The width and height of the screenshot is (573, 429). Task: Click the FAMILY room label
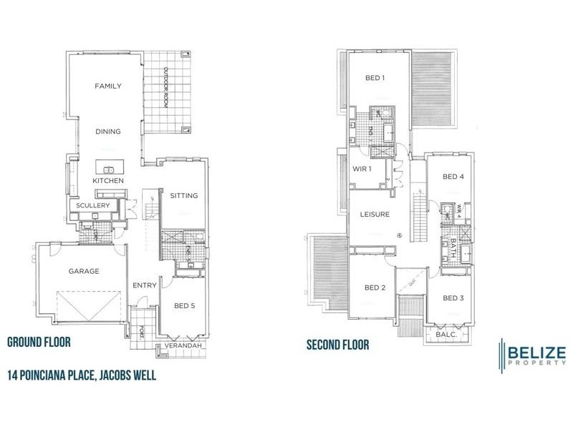click(108, 86)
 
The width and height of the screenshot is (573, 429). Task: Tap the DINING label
click(108, 131)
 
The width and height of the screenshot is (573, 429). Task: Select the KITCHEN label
click(108, 181)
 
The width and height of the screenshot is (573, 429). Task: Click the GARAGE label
click(84, 271)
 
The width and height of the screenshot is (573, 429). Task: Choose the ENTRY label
click(145, 286)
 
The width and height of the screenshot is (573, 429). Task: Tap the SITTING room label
click(183, 195)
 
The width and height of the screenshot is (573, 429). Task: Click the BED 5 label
click(184, 306)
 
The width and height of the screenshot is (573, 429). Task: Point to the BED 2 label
click(375, 287)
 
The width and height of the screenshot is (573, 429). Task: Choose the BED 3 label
click(453, 297)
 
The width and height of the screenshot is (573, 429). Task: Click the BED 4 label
click(453, 177)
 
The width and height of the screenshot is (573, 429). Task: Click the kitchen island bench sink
click(110, 169)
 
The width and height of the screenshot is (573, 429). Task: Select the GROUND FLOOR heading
click(39, 342)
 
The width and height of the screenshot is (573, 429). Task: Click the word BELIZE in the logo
click(537, 352)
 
